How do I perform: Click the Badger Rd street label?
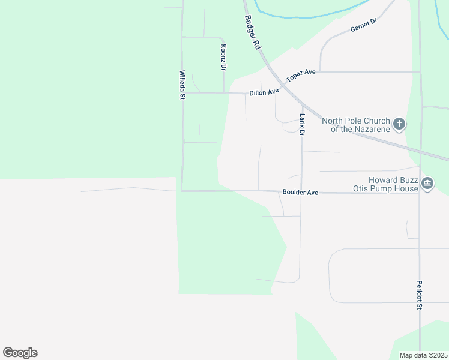pyautogui.click(x=252, y=32)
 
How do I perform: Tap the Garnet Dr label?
pyautogui.click(x=363, y=26)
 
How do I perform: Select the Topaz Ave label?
pyautogui.click(x=301, y=76)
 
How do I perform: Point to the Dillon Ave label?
pyautogui.click(x=264, y=92)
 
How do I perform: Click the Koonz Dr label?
pyautogui.click(x=223, y=58)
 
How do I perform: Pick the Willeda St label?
pyautogui.click(x=182, y=85)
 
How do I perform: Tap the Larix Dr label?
pyautogui.click(x=303, y=124)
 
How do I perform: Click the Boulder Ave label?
pyautogui.click(x=300, y=193)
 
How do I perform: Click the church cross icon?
pyautogui.click(x=399, y=125)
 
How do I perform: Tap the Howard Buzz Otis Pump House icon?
pyautogui.click(x=427, y=184)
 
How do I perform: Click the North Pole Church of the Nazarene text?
pyautogui.click(x=356, y=125)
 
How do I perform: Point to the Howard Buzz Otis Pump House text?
pyautogui.click(x=385, y=184)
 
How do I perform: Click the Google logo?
pyautogui.click(x=20, y=353)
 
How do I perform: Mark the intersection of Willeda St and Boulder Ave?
pyautogui.click(x=182, y=191)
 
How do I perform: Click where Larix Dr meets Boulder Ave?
pyautogui.click(x=301, y=193)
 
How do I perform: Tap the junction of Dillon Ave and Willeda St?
pyautogui.click(x=182, y=93)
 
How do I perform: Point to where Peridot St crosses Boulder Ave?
pyautogui.click(x=420, y=193)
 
